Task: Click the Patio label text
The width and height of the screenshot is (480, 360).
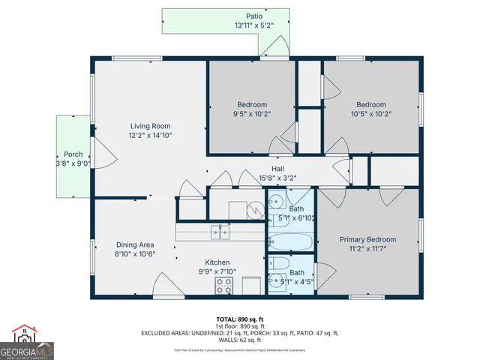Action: coord(254,16)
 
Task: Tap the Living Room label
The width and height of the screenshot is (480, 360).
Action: coord(150,126)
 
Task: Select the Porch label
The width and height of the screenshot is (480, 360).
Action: coord(73,154)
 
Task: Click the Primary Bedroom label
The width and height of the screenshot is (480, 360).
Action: coord(367,240)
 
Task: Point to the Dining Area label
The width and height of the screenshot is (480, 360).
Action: coord(135,244)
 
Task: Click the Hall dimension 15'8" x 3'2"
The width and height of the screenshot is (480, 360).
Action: coord(277,178)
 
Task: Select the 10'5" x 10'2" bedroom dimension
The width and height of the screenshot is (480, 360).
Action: coord(371,115)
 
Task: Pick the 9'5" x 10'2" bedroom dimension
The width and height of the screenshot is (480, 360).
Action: coord(253,115)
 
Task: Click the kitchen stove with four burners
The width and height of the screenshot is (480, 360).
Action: coord(224,285)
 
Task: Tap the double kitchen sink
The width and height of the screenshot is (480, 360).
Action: coord(219,232)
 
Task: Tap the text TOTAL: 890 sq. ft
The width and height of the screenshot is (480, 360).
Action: coord(240,319)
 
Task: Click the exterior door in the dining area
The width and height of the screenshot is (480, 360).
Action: coord(166,287)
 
